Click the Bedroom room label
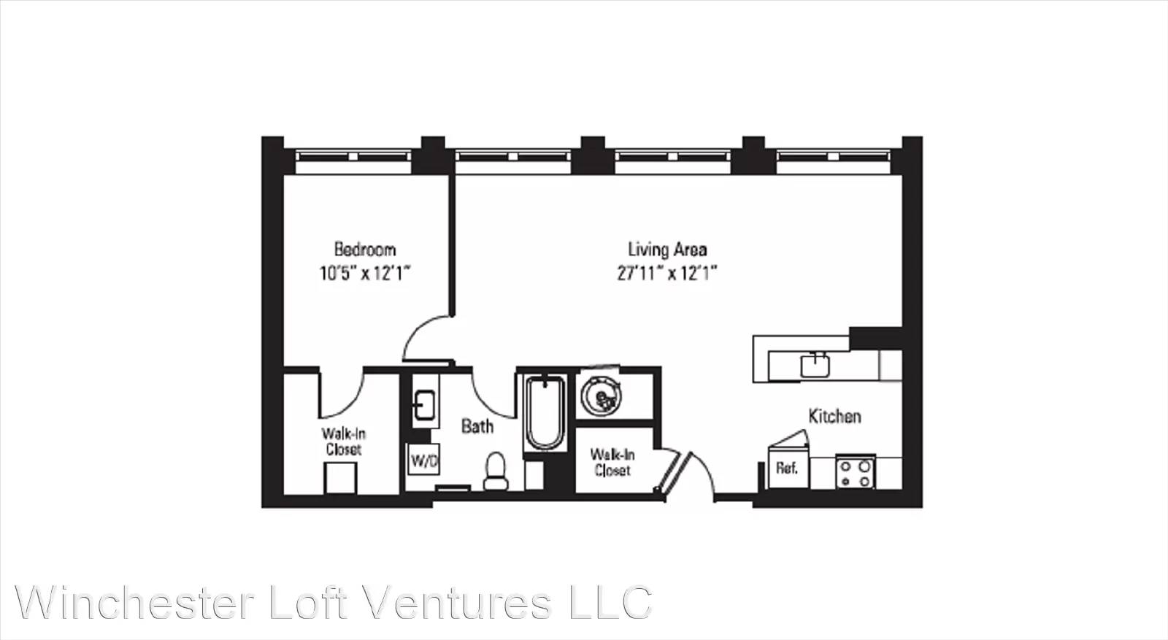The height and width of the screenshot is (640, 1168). [x=365, y=250]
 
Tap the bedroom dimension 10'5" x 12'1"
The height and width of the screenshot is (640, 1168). [x=365, y=273]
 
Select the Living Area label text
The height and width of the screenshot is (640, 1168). [x=667, y=250]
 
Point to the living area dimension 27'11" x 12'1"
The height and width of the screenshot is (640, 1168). [x=667, y=273]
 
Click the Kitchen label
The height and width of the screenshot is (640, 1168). [x=834, y=416]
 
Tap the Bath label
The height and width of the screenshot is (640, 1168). [x=477, y=426]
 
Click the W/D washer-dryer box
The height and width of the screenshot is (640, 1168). [x=423, y=460]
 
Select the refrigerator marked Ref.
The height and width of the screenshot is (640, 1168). [x=788, y=468]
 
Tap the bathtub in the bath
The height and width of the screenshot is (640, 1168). [x=545, y=413]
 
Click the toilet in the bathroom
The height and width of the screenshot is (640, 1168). [x=496, y=471]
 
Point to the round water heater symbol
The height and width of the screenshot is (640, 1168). [x=602, y=397]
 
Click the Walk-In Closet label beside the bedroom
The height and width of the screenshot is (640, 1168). [x=343, y=442]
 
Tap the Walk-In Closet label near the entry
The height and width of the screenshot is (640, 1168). [x=612, y=462]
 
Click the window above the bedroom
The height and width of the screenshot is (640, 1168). [x=353, y=156]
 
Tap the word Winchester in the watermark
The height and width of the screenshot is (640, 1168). [x=135, y=603]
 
